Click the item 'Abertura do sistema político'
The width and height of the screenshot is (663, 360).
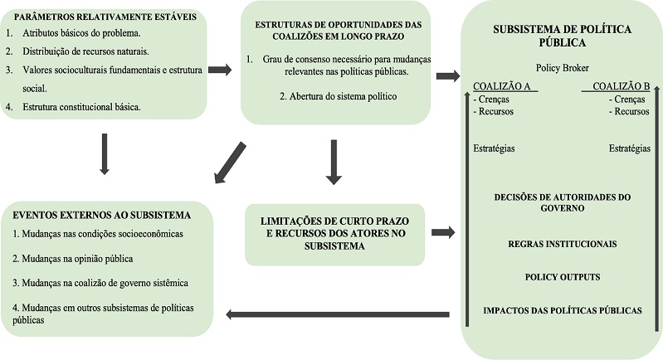point(327,96)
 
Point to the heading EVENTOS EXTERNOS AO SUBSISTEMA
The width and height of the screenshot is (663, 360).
point(102,215)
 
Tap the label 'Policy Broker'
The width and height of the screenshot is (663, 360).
point(561,67)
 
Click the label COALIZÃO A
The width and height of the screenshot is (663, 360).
point(502,86)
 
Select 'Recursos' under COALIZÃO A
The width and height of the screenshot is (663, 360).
point(495,111)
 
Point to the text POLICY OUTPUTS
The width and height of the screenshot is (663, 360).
point(562,277)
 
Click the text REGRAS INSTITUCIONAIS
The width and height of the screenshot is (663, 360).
point(563,245)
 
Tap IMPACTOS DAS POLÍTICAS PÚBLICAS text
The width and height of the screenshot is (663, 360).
point(562,309)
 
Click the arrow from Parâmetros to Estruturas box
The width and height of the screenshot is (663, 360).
point(220,70)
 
